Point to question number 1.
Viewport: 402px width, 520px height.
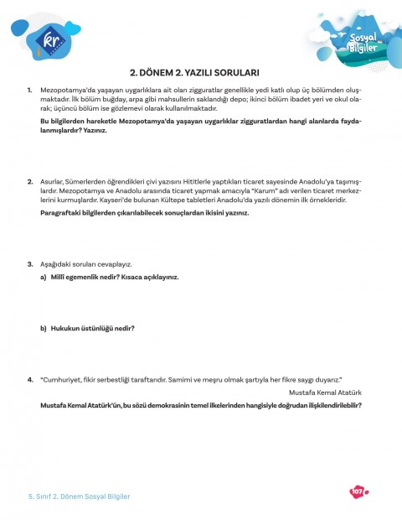[30, 89]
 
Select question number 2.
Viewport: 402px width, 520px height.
[30, 181]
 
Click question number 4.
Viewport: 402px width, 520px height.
[30, 379]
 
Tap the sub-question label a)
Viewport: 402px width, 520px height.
[44, 276]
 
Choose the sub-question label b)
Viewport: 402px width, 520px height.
[44, 328]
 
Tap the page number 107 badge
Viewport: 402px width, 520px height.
[356, 491]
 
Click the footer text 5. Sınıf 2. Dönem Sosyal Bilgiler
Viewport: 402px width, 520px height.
[74, 497]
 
